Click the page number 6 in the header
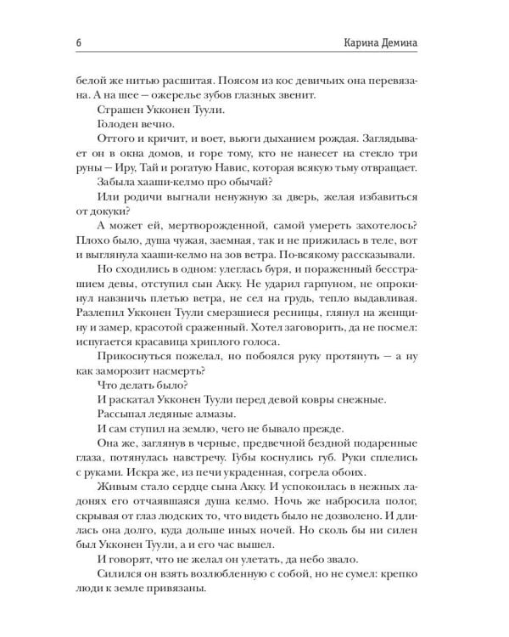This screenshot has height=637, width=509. pyautogui.click(x=55, y=44)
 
